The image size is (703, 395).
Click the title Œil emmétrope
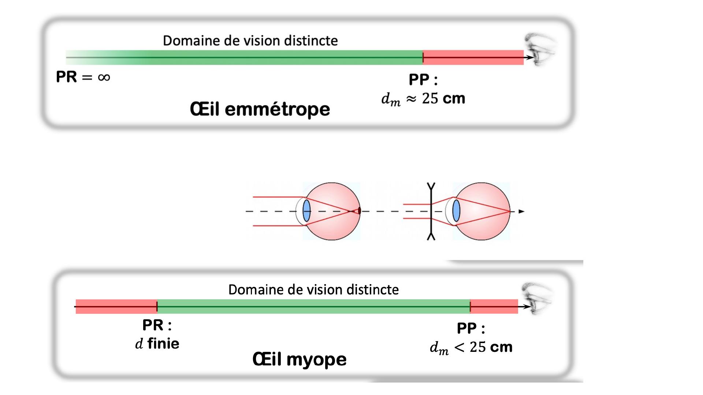pyautogui.click(x=260, y=109)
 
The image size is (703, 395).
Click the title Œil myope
pyautogui.click(x=299, y=359)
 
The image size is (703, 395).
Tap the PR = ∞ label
pyautogui.click(x=83, y=77)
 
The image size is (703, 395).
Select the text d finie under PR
pyautogui.click(x=157, y=344)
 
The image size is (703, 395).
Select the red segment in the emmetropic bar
pyautogui.click(x=473, y=57)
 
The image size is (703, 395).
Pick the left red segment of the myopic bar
pyautogui.click(x=116, y=306)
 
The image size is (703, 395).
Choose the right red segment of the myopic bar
pyautogui.click(x=494, y=306)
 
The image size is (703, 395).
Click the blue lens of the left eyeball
pyautogui.click(x=307, y=211)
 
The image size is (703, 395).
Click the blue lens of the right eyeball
pyautogui.click(x=456, y=211)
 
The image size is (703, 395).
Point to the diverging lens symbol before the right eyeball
pyautogui.click(x=431, y=211)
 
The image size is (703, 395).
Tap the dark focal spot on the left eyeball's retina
pyautogui.click(x=359, y=211)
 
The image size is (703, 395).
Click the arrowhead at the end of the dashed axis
pyautogui.click(x=522, y=211)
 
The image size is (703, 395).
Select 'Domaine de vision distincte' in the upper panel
pyautogui.click(x=250, y=41)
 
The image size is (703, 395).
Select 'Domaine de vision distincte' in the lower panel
pyautogui.click(x=313, y=290)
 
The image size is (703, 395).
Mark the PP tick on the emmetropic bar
pyautogui.click(x=423, y=57)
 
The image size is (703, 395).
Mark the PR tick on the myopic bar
pyautogui.click(x=157, y=306)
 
